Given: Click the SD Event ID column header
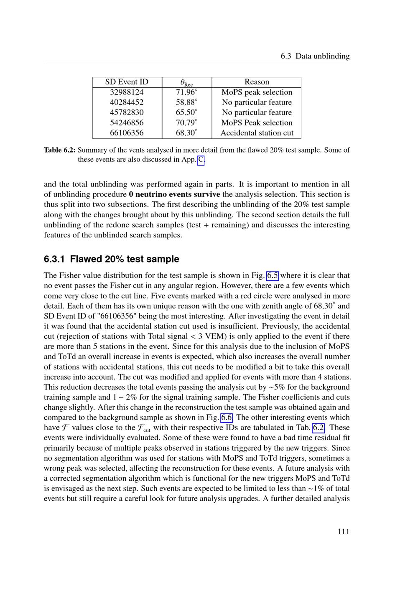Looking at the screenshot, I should (x=127, y=82).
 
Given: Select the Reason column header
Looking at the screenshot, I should (x=257, y=82).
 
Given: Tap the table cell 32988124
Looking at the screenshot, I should (x=127, y=92).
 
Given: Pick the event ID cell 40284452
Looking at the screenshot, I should (x=127, y=102).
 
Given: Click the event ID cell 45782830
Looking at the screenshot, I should (x=127, y=112).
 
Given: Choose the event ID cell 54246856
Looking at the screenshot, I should (x=127, y=122).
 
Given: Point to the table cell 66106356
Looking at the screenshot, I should (x=127, y=133).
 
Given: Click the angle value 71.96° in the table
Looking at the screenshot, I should (x=186, y=92).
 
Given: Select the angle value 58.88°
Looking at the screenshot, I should (x=186, y=102).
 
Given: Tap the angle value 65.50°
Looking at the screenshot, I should (x=186, y=112).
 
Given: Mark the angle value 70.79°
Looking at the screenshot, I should (x=186, y=122).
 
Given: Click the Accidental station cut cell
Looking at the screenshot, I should (x=257, y=133).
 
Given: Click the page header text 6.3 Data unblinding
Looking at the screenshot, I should (x=315, y=56).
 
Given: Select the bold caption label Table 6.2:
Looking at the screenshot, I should (x=60, y=150).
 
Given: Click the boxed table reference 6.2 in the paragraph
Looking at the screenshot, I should (x=319, y=428).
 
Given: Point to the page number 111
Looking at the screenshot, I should (x=343, y=532).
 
